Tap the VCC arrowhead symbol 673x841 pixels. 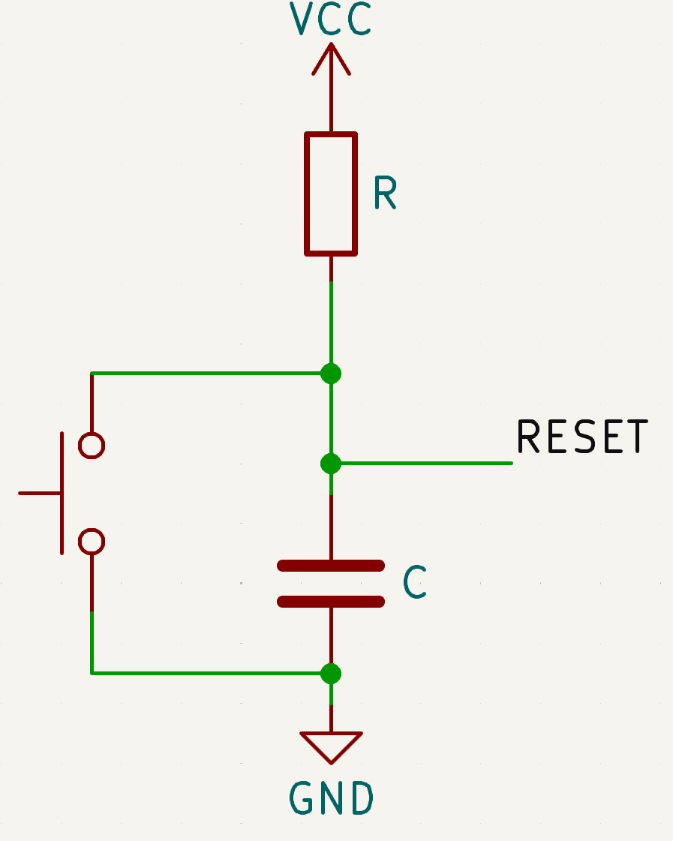331,59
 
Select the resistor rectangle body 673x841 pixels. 331,194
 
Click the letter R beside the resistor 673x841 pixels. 384,194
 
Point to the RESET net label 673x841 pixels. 582,437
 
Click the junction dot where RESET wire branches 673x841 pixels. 331,464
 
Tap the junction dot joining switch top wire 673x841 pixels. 331,373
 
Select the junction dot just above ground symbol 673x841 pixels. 331,673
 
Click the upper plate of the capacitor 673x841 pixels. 331,566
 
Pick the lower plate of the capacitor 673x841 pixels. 331,601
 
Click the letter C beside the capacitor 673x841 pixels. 415,582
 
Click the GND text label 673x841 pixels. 331,799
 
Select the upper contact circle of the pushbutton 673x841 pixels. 92,446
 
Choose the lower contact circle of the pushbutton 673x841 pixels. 92,541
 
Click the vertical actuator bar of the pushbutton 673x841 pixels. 62,493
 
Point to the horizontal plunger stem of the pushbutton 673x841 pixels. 39,493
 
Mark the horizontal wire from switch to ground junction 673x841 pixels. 210,673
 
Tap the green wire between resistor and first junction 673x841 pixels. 331,323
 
